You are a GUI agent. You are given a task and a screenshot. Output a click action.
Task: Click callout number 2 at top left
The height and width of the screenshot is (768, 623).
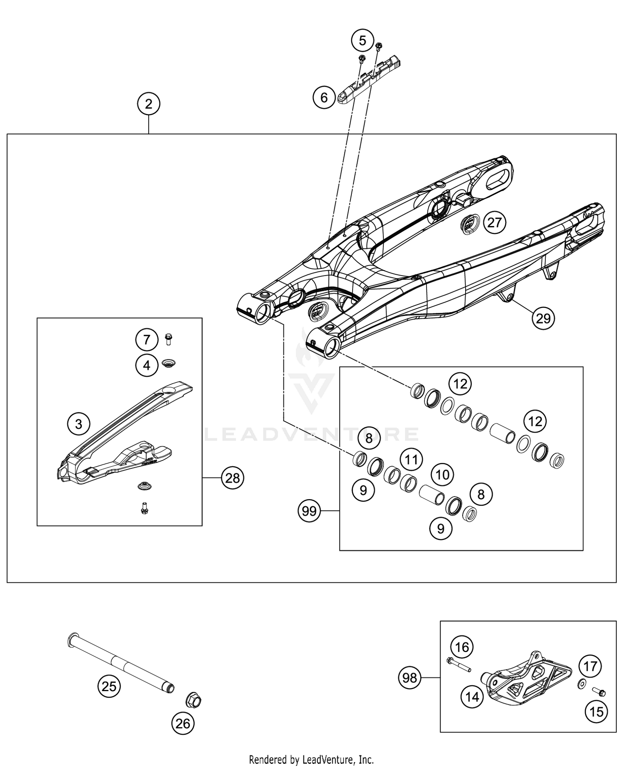(149, 103)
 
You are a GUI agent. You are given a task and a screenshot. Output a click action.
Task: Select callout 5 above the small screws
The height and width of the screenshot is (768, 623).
(362, 41)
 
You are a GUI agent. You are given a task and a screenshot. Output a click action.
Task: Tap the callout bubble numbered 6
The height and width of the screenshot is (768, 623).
(324, 98)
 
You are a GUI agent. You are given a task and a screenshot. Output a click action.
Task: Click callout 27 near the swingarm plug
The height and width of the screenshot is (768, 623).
(494, 223)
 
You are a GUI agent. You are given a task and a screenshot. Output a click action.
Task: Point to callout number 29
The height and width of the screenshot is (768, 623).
(543, 318)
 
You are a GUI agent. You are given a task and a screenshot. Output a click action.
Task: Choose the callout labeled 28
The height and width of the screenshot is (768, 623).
(233, 478)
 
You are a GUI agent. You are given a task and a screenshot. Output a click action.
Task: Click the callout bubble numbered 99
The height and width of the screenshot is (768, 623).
(309, 511)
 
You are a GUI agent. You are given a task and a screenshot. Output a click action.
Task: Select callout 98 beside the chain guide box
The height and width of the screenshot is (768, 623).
(410, 678)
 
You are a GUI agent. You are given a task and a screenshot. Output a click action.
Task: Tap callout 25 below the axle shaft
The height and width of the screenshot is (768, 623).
(109, 686)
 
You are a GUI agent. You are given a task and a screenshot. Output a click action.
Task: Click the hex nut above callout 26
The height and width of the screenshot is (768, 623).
(193, 702)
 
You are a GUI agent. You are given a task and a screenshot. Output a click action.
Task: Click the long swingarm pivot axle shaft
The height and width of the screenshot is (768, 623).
(120, 662)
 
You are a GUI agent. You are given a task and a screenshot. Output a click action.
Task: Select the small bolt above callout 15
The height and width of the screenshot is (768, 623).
(599, 692)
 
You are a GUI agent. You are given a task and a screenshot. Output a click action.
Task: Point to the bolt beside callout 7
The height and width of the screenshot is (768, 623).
(169, 339)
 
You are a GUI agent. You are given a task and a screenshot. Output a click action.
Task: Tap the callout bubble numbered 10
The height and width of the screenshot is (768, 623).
(442, 475)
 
